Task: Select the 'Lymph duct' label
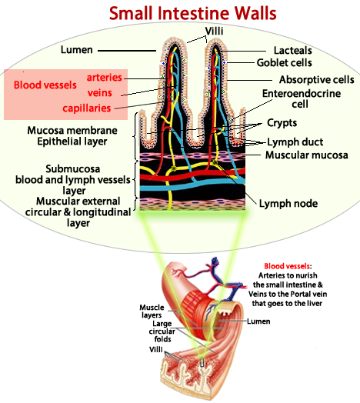click(x=294, y=142)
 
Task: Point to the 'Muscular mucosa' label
click(x=306, y=155)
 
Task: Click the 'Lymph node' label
click(x=288, y=204)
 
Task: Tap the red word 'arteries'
click(x=104, y=78)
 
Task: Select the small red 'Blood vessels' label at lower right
click(x=287, y=266)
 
